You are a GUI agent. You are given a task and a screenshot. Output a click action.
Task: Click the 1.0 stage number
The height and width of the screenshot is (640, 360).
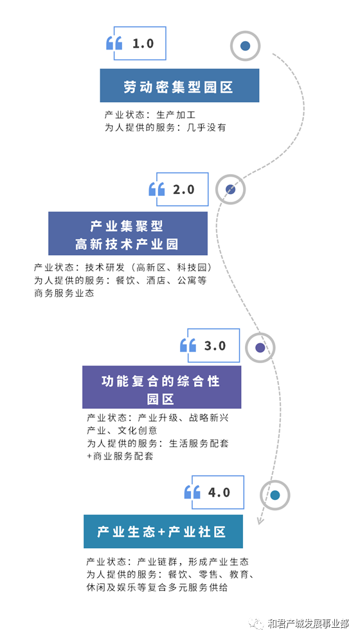pos(143,43)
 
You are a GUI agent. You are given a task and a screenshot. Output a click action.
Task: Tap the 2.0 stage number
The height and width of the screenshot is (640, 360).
pos(184,190)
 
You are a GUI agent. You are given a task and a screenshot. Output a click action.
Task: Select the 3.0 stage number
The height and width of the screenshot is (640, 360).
pos(215,346)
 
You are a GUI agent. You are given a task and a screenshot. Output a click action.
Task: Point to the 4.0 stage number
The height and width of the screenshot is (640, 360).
pos(219,492)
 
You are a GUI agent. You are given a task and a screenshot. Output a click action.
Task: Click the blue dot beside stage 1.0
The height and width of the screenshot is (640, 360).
pos(245,46)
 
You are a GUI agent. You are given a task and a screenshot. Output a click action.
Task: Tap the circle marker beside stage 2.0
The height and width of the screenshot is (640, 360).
pos(231,190)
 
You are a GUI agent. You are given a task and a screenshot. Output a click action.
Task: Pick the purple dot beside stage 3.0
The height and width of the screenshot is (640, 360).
pos(260,348)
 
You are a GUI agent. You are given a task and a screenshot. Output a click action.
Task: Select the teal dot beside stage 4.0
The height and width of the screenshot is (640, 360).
pos(274,495)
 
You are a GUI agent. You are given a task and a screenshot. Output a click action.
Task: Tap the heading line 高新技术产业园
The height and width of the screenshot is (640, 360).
pos(127,244)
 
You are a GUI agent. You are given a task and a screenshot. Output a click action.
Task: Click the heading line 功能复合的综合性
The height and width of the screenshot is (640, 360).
pos(161,381)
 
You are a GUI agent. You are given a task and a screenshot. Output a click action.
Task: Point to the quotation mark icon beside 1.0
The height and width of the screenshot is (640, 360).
pos(114,43)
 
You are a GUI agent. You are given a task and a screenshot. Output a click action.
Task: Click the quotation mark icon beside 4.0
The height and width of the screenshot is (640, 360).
pos(192,492)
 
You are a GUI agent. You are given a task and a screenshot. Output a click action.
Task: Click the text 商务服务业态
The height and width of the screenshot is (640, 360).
pos(64,294)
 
